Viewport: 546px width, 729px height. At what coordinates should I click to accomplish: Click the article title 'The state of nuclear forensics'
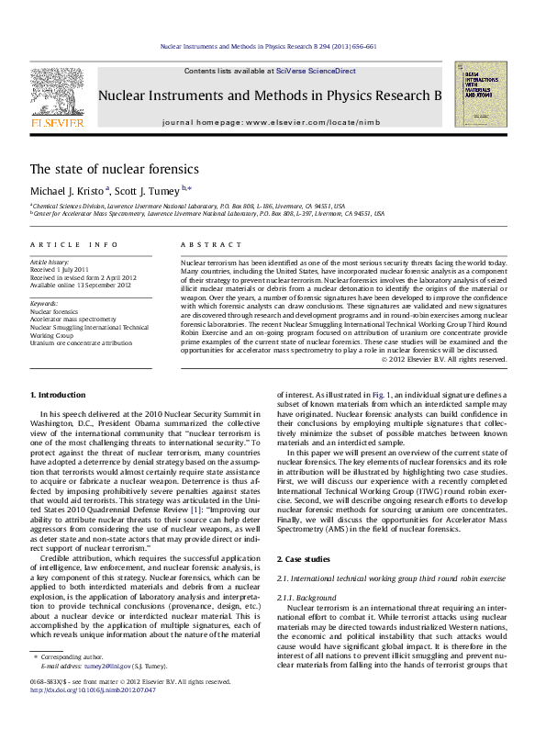tap(115, 169)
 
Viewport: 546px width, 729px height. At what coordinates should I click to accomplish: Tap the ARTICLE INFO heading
tap(73, 244)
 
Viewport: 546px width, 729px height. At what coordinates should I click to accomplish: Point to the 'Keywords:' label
tap(44, 302)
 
